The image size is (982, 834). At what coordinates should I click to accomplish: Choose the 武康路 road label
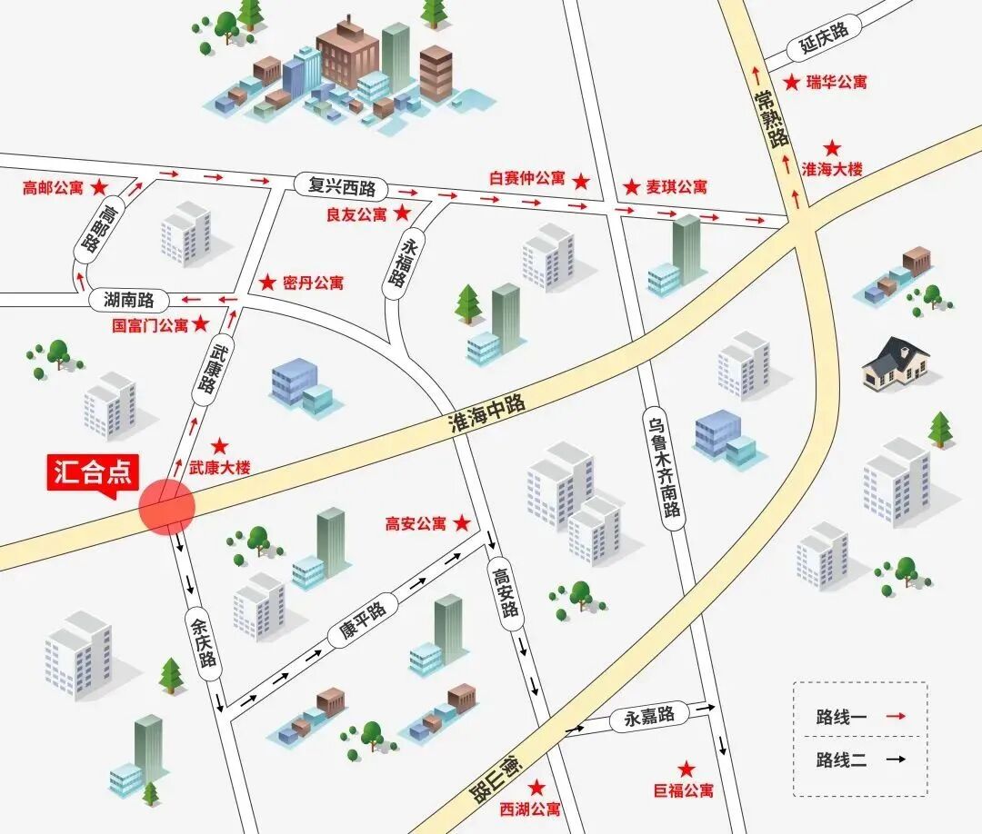(x=205, y=368)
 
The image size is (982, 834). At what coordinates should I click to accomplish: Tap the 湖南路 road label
(x=129, y=299)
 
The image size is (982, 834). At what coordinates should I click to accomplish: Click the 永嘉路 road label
(x=649, y=716)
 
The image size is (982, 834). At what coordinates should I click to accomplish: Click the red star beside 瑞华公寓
(x=792, y=83)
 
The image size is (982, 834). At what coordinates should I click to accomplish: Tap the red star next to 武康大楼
(x=220, y=446)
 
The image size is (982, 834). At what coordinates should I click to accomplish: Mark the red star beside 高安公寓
(x=462, y=523)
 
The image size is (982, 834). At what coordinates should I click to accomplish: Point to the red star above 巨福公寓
(x=686, y=769)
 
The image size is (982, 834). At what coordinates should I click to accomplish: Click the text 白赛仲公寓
(x=526, y=179)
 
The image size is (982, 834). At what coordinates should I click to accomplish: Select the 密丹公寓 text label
(x=313, y=283)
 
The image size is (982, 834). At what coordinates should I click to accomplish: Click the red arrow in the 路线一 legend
(x=897, y=717)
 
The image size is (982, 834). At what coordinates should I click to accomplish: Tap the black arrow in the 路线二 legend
(x=897, y=760)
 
